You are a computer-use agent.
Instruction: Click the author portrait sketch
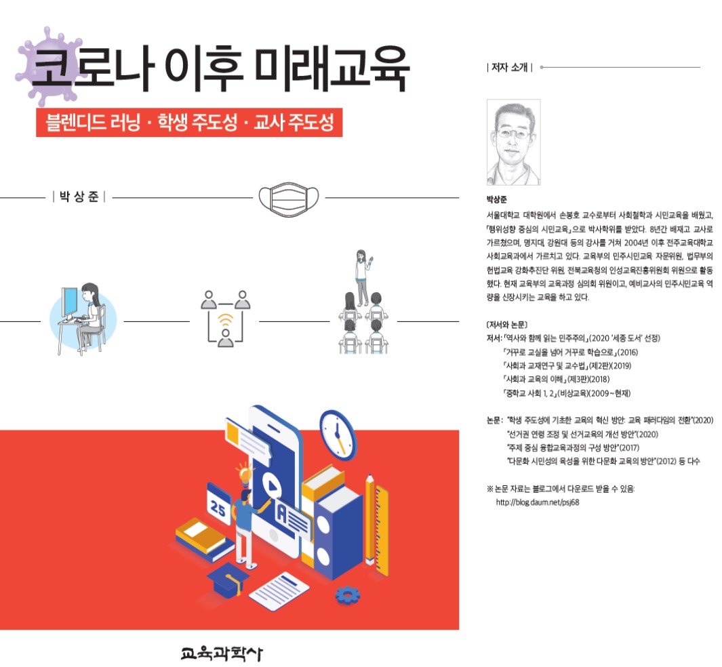pyautogui.click(x=513, y=142)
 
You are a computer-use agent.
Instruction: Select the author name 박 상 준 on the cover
pyautogui.click(x=79, y=197)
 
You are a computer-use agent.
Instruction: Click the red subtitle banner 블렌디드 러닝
pyautogui.click(x=188, y=123)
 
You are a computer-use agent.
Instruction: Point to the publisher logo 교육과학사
pyautogui.click(x=221, y=653)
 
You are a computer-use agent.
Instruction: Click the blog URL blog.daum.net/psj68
pyautogui.click(x=537, y=503)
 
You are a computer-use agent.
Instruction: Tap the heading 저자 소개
pyautogui.click(x=509, y=67)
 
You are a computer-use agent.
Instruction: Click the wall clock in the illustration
pyautogui.click(x=338, y=433)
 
